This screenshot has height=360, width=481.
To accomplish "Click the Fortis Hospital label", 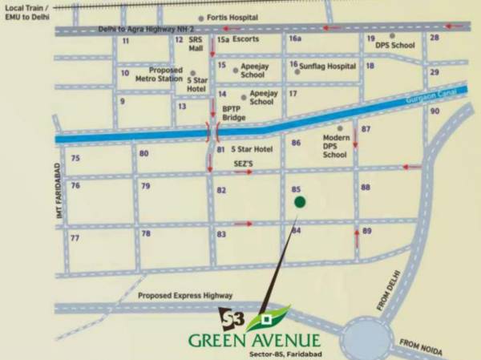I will tap(232, 18).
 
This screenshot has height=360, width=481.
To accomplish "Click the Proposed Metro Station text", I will tap(165, 74).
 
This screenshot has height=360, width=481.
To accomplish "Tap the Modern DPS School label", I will tap(335, 146).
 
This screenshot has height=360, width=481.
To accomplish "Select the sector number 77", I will tap(75, 238).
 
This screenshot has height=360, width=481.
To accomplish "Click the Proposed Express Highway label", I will tap(184, 295).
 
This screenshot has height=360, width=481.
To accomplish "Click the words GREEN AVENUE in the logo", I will tap(254, 340).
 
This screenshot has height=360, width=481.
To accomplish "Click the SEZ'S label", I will tap(243, 163).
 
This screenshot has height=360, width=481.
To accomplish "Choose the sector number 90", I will tap(435, 111).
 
